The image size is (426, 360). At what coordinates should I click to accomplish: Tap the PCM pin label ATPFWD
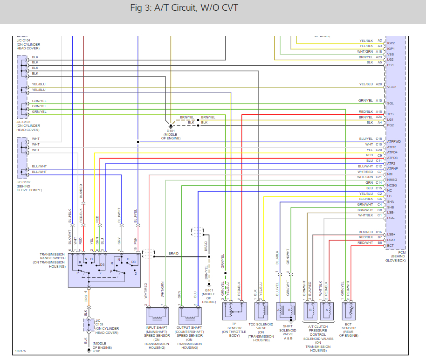[x=394, y=141]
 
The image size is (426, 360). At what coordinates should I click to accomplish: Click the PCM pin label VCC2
[x=392, y=87]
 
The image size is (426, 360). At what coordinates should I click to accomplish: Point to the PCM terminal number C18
[x=378, y=138]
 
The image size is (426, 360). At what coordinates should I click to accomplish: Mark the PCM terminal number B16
[x=378, y=232]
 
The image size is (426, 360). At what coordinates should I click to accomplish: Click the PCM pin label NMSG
[x=392, y=180]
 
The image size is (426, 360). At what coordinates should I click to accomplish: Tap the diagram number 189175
[x=20, y=351]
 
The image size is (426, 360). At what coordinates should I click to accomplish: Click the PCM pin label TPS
[x=391, y=114]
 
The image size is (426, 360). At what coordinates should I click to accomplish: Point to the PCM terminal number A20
[x=378, y=84]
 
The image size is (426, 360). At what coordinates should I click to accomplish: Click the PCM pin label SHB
[x=391, y=207]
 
